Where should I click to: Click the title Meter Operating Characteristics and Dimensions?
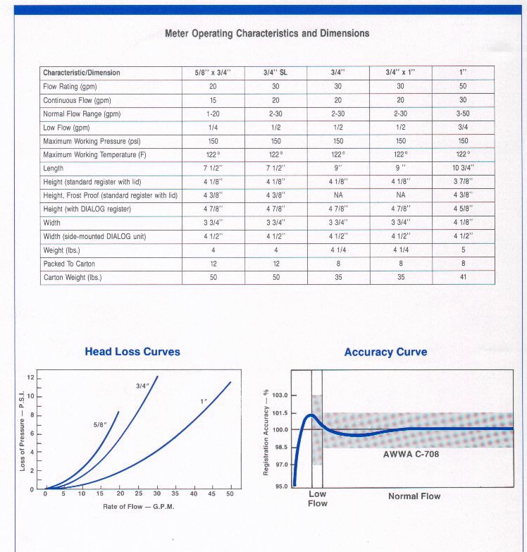click(x=267, y=33)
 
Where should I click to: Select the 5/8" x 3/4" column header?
click(x=213, y=73)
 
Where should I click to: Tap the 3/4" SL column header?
click(x=275, y=73)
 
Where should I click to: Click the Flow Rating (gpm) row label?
click(x=70, y=87)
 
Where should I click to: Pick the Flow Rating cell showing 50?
click(x=463, y=86)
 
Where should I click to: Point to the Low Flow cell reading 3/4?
click(x=463, y=127)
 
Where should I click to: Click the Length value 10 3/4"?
click(x=463, y=168)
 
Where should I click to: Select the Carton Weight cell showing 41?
click(x=463, y=277)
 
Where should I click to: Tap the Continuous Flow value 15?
click(x=213, y=100)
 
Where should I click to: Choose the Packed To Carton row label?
click(x=69, y=264)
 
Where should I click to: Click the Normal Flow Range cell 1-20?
click(x=213, y=114)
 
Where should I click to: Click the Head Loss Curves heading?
click(x=132, y=352)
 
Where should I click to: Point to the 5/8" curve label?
click(x=100, y=425)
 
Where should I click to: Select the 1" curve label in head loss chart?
click(x=204, y=401)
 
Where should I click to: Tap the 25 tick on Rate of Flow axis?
click(x=139, y=493)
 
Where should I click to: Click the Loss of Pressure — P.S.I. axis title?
click(x=22, y=431)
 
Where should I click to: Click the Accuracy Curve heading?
click(x=385, y=352)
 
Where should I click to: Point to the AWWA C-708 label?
click(x=411, y=454)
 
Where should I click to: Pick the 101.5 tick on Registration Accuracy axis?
click(x=280, y=413)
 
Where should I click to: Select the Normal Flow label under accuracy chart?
click(x=414, y=496)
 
